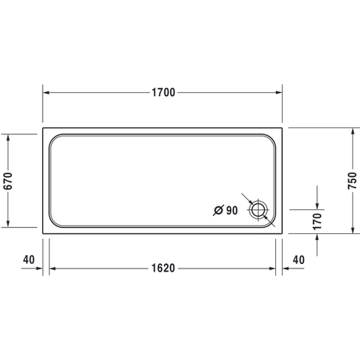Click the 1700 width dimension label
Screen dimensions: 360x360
(163, 92)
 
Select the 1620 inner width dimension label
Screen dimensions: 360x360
(163, 268)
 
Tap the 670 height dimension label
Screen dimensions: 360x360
(8, 181)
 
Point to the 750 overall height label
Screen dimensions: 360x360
(352, 181)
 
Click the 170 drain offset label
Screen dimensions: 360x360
(317, 221)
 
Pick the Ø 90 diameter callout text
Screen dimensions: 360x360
(226, 211)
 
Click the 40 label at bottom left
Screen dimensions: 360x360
(28, 259)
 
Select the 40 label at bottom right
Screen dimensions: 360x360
(298, 260)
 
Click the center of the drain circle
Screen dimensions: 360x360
(257, 210)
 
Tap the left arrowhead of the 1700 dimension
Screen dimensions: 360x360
(46, 93)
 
